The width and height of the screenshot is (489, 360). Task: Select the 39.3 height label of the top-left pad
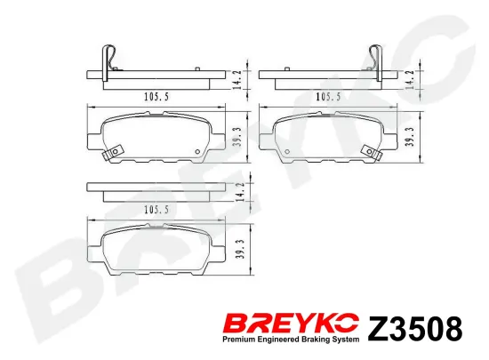tap(234, 138)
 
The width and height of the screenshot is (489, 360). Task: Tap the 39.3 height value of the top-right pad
tap(409, 138)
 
